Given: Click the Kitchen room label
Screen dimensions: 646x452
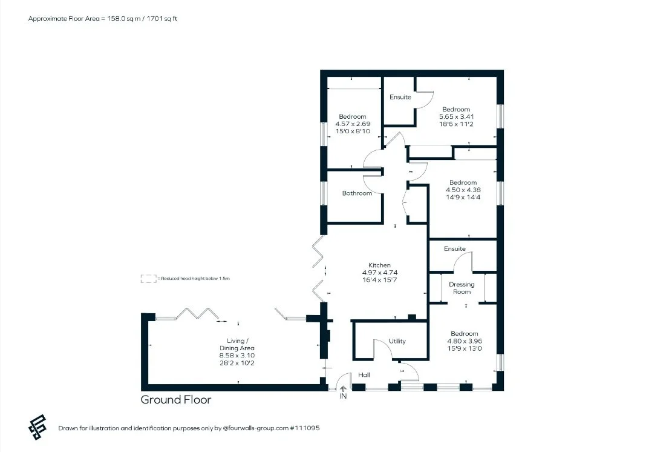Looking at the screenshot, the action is [379, 265].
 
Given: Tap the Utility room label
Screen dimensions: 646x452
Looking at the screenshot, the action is [397, 341].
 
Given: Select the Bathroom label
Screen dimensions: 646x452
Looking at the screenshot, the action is [357, 193].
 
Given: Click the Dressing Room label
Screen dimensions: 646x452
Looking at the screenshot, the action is [462, 288].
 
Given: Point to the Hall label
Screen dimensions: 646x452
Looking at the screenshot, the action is [364, 375].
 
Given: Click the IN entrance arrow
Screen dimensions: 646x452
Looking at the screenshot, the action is [343, 389].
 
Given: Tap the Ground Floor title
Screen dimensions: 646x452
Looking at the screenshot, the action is [176, 399].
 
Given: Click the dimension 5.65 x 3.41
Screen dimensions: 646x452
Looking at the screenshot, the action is [456, 116].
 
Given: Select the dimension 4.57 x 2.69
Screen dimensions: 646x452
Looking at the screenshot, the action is [353, 124].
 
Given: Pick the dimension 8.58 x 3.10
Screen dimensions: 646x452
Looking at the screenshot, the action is [237, 356].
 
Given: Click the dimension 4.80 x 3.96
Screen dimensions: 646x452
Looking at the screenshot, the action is [465, 341].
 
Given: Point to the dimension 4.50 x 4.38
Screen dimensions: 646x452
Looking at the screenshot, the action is [463, 190].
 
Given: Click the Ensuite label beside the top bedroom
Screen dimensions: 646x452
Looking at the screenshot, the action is [400, 97].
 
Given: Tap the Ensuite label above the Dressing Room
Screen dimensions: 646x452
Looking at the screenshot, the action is [455, 248].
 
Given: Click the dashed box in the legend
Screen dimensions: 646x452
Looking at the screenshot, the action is [148, 279].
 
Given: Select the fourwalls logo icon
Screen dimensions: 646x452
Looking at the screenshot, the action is [37, 427].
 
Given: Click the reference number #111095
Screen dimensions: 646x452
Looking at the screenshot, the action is [305, 428].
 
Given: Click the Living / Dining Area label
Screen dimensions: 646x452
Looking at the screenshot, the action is [237, 344].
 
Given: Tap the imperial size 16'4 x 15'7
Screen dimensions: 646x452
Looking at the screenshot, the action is [379, 280].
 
